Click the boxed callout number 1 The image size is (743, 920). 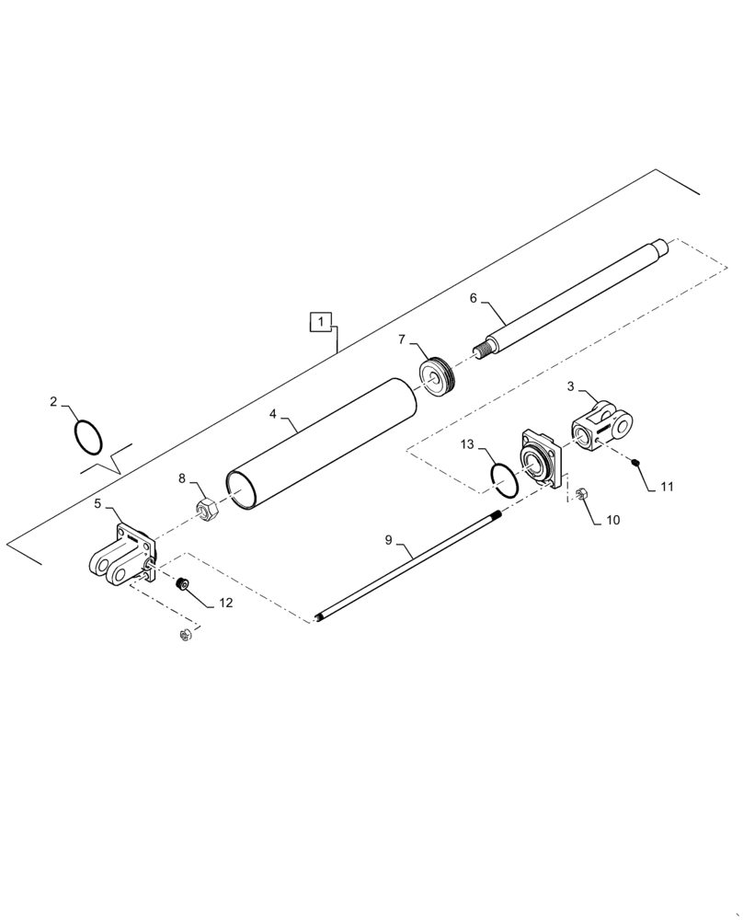(x=320, y=322)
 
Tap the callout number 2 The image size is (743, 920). (x=53, y=402)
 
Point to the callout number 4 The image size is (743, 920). (x=273, y=415)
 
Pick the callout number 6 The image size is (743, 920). (x=473, y=298)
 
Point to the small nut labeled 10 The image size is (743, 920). (x=580, y=497)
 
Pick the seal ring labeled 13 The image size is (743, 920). (x=504, y=477)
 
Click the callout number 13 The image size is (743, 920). (x=467, y=444)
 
